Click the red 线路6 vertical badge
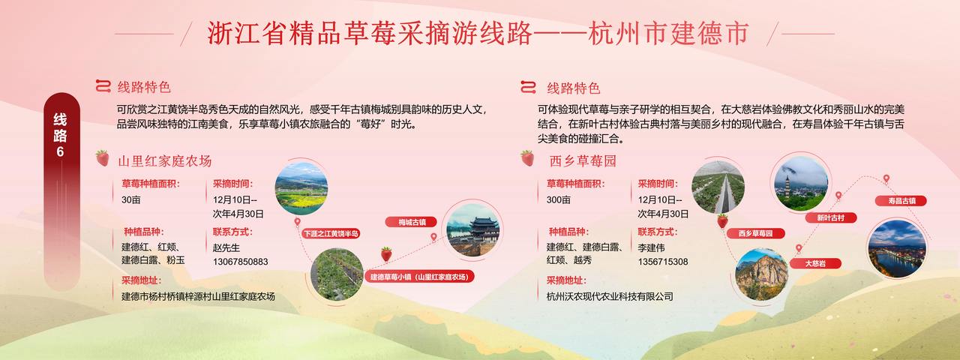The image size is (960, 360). [x=61, y=190]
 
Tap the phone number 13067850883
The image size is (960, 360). [x=241, y=262]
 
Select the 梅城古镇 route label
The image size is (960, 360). [x=412, y=222]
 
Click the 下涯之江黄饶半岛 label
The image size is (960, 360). [x=331, y=233]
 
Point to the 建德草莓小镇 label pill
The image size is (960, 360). [x=419, y=277]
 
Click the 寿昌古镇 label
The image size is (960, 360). [x=901, y=200]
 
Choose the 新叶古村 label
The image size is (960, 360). [x=830, y=217]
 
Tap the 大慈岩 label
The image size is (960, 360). [x=815, y=263]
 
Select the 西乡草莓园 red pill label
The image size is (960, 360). [x=755, y=233]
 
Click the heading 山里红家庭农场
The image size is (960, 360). [x=165, y=161]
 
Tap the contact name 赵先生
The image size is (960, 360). [x=226, y=247]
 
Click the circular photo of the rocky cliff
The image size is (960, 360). [x=761, y=274]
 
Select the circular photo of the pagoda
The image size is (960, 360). [x=801, y=184]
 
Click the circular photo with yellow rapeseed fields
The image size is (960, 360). [x=301, y=188]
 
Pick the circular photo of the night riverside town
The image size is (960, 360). [x=897, y=248]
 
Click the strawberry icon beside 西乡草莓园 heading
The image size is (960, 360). [x=527, y=158]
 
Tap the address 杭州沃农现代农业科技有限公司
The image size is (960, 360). [x=610, y=296]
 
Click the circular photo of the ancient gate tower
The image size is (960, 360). [x=472, y=230]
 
